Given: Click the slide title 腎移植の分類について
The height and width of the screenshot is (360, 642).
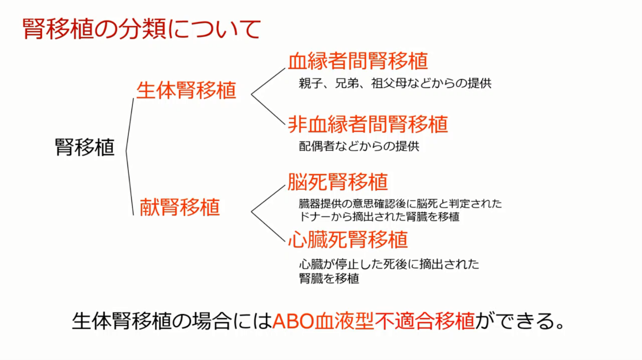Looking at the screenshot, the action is point(141,29).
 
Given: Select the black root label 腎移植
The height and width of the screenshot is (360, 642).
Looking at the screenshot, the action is point(84,147).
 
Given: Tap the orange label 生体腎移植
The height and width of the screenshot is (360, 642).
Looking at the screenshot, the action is point(187,90).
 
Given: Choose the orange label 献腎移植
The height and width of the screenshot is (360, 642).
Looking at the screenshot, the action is point(180,207).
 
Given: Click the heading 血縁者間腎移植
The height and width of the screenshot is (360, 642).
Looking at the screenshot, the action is point(358,61).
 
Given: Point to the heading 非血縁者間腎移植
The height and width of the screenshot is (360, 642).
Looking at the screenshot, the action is point(368,124).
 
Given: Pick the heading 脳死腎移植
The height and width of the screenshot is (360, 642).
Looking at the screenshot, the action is point(337,182).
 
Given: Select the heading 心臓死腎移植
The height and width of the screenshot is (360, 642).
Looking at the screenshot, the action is point(348,240).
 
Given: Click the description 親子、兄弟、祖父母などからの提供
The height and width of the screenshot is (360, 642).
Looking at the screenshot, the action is point(395,83).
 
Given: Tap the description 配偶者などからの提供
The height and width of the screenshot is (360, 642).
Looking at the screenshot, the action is point(359,146).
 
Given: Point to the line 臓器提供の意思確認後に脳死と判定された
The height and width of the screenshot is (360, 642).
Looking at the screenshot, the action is point(400,203).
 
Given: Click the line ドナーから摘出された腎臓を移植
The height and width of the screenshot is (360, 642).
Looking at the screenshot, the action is point(379,217).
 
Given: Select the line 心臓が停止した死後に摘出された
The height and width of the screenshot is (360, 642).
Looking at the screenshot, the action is point(389,264).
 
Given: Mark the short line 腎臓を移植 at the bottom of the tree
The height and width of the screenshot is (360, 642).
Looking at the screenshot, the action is point(329,279).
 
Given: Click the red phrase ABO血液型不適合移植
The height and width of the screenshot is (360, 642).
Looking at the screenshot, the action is point(374,321).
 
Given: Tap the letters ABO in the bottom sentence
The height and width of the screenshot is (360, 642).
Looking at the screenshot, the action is point(292,321).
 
